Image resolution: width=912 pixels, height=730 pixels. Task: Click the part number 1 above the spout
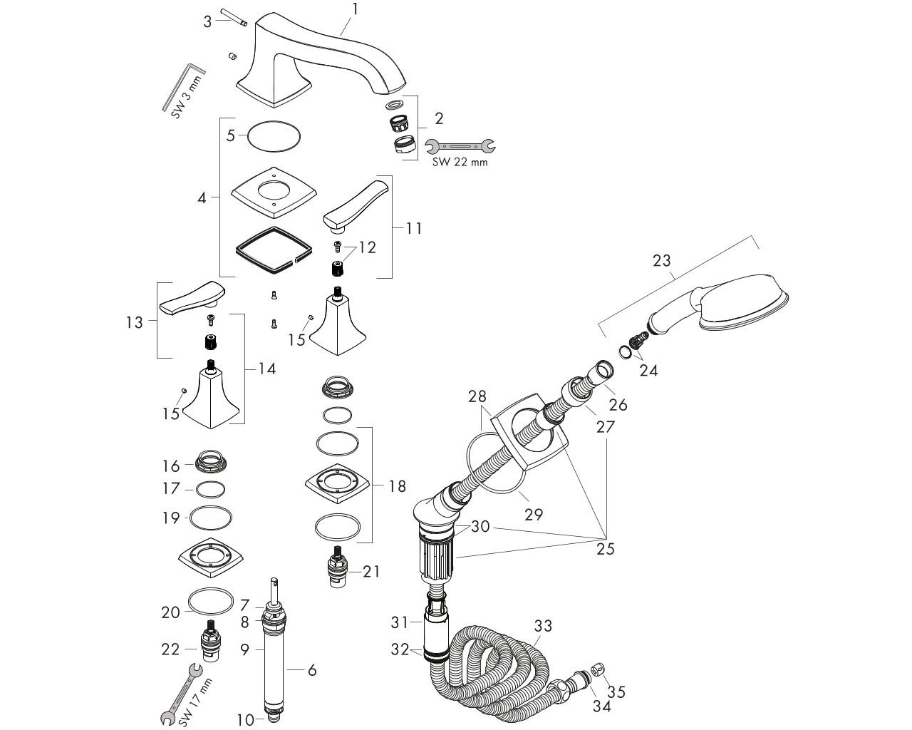click(355, 9)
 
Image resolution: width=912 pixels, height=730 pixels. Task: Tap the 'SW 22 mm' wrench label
click(460, 162)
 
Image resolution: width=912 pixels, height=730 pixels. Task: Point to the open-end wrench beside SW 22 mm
click(460, 146)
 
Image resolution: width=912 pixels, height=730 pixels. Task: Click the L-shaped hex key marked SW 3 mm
click(182, 86)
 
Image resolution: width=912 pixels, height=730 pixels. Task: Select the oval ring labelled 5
click(274, 136)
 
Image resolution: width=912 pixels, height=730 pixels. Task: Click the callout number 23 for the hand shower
click(661, 260)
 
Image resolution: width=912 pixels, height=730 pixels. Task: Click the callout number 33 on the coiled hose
click(542, 626)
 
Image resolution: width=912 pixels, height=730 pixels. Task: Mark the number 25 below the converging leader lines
click(605, 548)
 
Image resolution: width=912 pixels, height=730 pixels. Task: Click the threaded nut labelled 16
click(211, 461)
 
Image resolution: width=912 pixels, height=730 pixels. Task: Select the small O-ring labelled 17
click(211, 489)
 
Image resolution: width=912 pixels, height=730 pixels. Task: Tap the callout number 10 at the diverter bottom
click(245, 719)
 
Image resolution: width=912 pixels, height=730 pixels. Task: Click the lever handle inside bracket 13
click(192, 297)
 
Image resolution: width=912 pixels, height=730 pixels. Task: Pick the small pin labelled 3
click(232, 19)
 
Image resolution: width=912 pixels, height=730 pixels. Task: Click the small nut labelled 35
click(598, 671)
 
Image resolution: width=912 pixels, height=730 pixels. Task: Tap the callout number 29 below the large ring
click(533, 515)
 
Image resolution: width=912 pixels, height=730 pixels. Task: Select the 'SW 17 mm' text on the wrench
click(195, 701)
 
